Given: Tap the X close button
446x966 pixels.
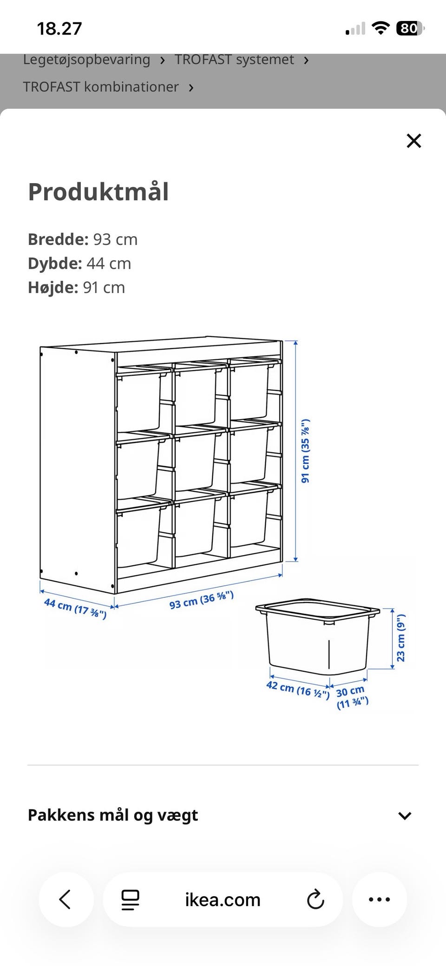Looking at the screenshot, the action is tap(413, 140).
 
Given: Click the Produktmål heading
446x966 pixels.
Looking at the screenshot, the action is tap(98, 192).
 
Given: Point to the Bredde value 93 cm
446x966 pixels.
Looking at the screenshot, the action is tap(115, 239).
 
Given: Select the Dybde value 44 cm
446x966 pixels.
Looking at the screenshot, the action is tap(109, 264).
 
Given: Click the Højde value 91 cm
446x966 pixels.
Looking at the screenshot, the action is tap(104, 288).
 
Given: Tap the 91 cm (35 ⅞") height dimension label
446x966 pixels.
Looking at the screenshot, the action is tap(305, 451).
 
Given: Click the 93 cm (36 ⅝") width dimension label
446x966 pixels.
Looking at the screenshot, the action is tap(201, 600).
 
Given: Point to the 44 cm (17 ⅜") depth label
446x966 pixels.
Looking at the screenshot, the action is tap(75, 609).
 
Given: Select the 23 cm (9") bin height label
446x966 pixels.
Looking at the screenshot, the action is tap(400, 637).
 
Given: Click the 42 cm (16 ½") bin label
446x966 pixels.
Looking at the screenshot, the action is tap(298, 689).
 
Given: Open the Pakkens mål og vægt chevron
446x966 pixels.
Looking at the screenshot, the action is tap(405, 815).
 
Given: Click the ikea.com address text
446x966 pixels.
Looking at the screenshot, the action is tap(223, 900).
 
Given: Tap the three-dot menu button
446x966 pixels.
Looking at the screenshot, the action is tap(379, 899).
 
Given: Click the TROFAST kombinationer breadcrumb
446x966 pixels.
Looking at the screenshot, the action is tap(101, 87).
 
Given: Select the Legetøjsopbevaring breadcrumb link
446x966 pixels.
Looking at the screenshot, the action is tap(86, 60).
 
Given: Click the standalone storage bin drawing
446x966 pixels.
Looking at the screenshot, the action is tap(318, 636).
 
